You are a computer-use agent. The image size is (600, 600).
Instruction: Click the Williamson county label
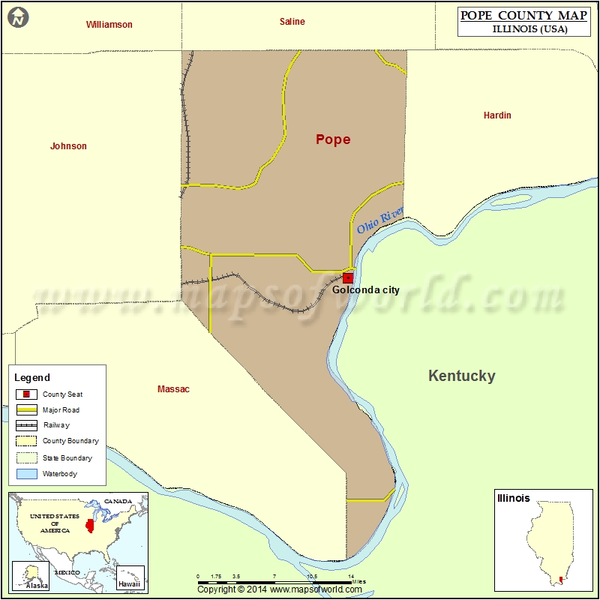pyautogui.click(x=109, y=25)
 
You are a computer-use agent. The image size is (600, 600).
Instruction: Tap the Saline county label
pyautogui.click(x=292, y=22)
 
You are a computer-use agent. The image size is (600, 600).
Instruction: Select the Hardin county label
pyautogui.click(x=497, y=115)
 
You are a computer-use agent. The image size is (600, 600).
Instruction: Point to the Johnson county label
pyautogui.click(x=68, y=146)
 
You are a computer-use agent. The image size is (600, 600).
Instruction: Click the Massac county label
pyautogui.click(x=173, y=389)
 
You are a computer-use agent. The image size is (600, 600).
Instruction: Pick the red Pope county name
pyautogui.click(x=333, y=139)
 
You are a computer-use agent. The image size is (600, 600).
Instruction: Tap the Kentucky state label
pyautogui.click(x=461, y=376)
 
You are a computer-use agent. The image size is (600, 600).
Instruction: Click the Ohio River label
pyautogui.click(x=380, y=220)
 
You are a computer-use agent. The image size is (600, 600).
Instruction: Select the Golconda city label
pyautogui.click(x=366, y=290)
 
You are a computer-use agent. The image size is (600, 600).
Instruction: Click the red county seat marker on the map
pyautogui.click(x=348, y=277)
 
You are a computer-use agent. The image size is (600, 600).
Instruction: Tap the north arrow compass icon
pyautogui.click(x=18, y=16)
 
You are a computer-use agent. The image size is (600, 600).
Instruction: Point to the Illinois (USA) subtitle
pyautogui.click(x=529, y=30)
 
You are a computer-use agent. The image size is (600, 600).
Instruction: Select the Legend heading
pyautogui.click(x=32, y=378)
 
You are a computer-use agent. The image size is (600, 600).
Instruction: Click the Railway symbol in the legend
pyautogui.click(x=27, y=425)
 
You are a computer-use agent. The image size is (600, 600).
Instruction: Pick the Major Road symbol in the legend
pyautogui.click(x=27, y=410)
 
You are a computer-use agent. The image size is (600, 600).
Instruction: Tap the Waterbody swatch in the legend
pyautogui.click(x=27, y=474)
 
